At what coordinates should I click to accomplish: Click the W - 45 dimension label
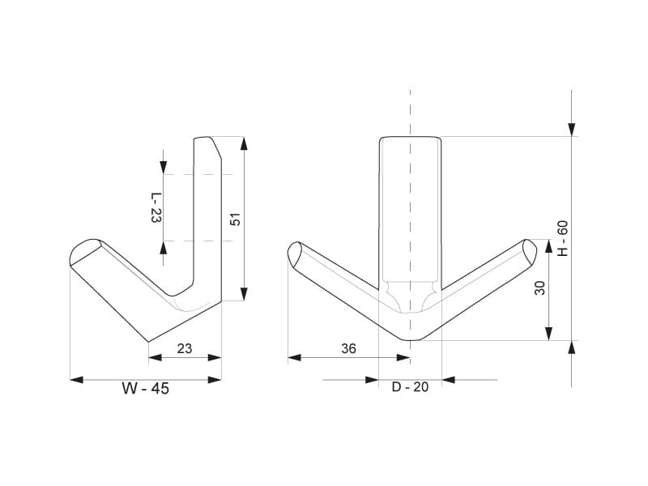click(x=146, y=389)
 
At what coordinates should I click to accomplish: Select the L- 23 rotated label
click(x=155, y=207)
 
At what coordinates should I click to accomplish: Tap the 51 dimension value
click(x=235, y=220)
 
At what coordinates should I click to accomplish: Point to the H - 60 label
click(x=563, y=238)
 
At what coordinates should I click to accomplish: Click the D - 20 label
click(x=410, y=387)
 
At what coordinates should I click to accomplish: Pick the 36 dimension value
click(x=348, y=349)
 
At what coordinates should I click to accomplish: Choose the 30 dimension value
click(x=539, y=288)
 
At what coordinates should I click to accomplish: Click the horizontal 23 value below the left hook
click(x=185, y=349)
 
